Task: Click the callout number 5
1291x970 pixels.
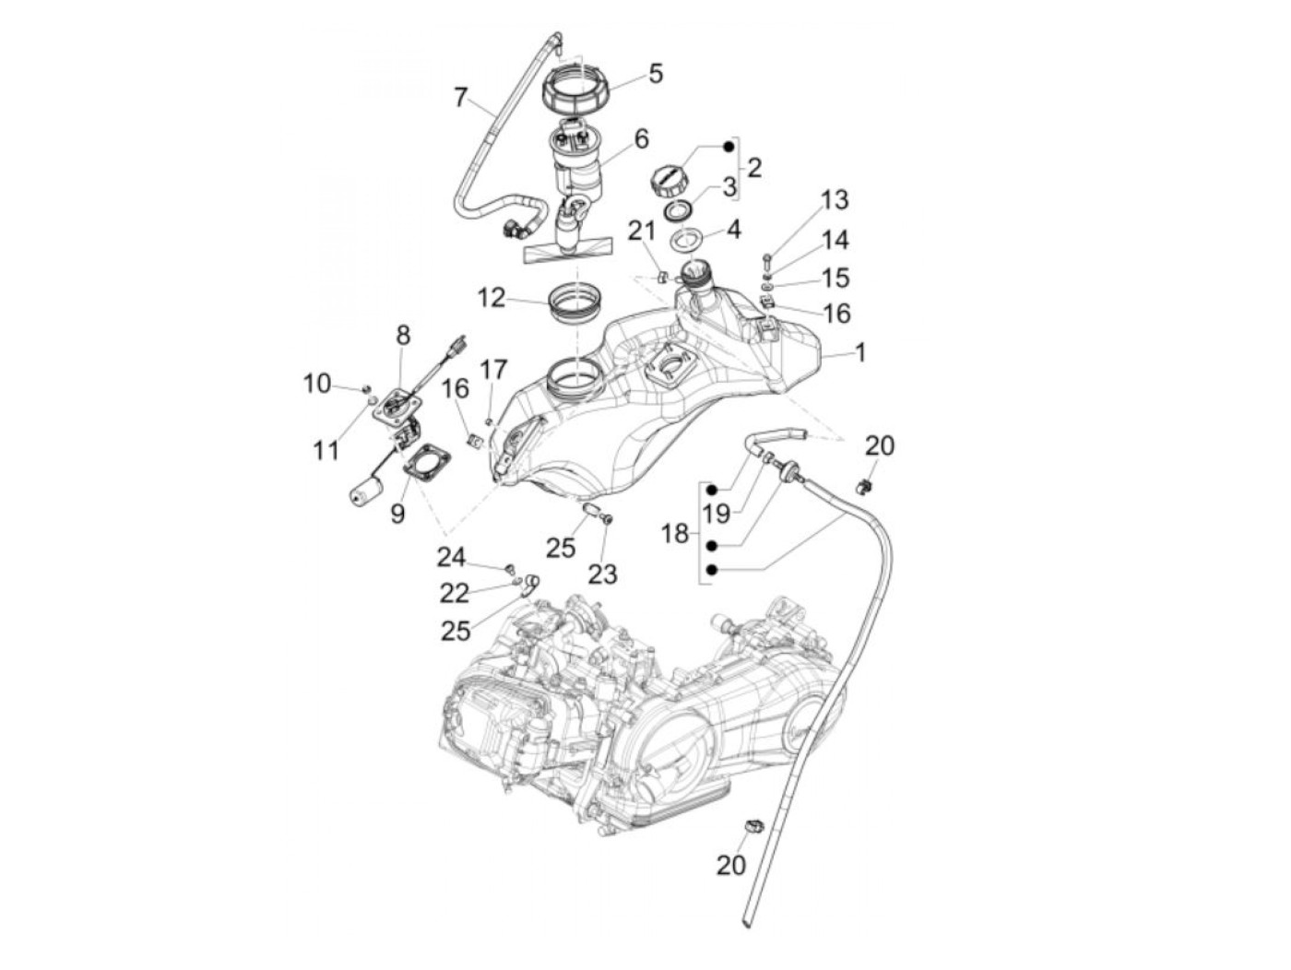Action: point(656,74)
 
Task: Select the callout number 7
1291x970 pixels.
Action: point(461,96)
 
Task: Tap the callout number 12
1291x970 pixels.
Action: point(492,298)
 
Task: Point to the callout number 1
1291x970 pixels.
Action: point(860,352)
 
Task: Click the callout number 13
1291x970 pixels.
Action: point(835,200)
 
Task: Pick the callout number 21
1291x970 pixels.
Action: point(641,231)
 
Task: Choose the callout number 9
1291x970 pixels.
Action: point(397,513)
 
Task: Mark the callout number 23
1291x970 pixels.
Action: point(602,574)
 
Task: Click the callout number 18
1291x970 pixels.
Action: point(675,533)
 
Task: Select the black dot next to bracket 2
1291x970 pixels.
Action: point(728,146)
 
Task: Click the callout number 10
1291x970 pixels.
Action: point(317,383)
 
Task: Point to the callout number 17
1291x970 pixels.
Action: point(493,371)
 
